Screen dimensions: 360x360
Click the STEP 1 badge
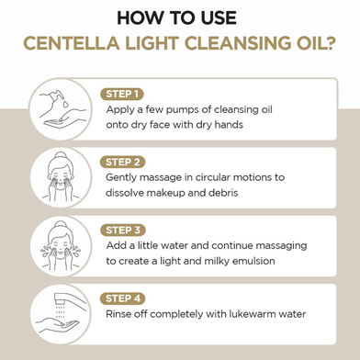tap(122, 94)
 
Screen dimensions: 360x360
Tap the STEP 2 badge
tap(122, 162)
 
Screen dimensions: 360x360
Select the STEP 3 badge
tap(123, 231)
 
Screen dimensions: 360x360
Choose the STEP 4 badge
tap(123, 298)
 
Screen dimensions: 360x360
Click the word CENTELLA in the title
tap(72, 43)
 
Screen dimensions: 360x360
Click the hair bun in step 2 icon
tap(61, 155)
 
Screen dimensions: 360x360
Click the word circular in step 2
tap(212, 177)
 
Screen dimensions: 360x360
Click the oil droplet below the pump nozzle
tap(65, 104)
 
